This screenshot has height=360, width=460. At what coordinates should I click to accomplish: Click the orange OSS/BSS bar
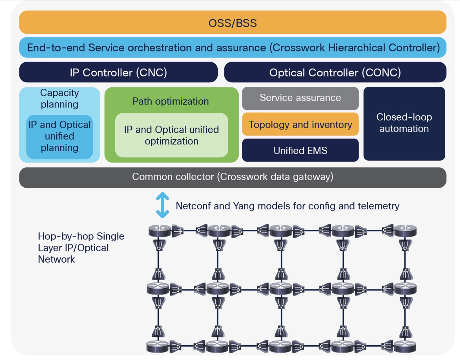click(233, 22)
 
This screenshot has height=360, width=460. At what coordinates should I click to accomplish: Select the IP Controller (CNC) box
click(118, 72)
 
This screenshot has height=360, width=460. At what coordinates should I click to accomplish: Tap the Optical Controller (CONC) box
click(335, 72)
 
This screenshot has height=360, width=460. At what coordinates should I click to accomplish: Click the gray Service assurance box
click(300, 98)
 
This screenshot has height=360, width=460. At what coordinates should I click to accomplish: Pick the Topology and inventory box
click(300, 124)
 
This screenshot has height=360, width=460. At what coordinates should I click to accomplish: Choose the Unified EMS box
click(300, 150)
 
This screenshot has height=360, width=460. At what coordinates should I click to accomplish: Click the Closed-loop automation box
click(404, 124)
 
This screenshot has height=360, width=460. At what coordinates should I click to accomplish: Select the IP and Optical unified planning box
click(59, 137)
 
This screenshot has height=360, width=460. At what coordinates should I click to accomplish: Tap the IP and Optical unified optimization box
click(171, 135)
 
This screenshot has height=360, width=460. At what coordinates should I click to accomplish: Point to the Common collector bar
click(233, 177)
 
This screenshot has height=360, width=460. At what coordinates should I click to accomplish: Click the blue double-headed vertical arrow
click(162, 205)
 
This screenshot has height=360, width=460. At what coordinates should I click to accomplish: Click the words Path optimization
click(171, 101)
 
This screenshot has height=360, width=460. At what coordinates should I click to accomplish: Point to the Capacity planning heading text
click(59, 98)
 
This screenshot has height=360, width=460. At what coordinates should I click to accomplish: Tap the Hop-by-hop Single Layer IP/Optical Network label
click(81, 248)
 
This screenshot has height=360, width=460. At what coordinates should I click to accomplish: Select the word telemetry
click(379, 206)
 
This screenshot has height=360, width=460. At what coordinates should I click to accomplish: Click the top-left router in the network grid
click(160, 231)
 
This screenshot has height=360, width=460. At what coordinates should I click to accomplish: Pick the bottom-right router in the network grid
click(405, 346)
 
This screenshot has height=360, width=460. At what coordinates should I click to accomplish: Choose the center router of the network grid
click(280, 289)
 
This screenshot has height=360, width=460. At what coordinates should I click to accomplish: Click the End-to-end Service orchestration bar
click(233, 47)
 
